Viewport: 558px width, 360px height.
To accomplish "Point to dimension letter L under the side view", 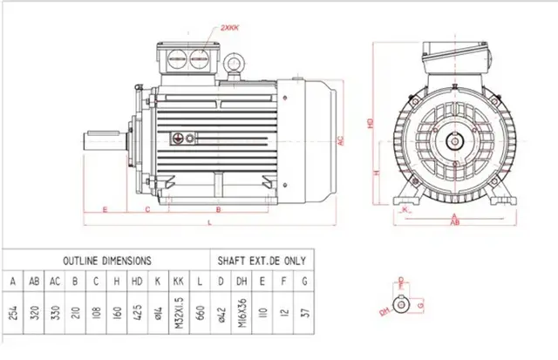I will tap(210, 224).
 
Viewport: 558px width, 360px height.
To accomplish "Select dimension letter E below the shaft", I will tap(105, 210).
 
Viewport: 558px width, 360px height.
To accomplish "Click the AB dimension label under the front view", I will tap(454, 222).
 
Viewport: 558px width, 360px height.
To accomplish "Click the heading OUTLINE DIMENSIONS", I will tap(106, 260).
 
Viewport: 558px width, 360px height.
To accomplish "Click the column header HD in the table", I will tap(138, 282).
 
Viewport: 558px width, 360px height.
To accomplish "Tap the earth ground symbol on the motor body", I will tap(180, 139).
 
